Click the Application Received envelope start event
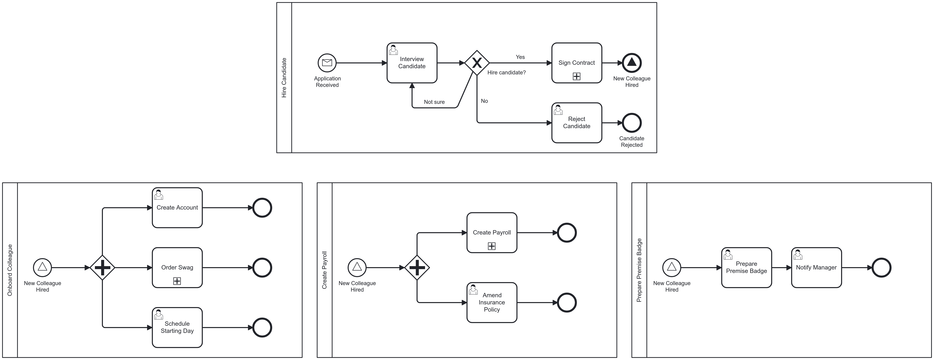click(x=327, y=63)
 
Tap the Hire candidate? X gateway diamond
click(x=477, y=63)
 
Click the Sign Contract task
click(x=577, y=62)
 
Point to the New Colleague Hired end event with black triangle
click(x=632, y=63)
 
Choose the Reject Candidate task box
click(x=577, y=123)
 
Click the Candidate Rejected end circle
click(x=632, y=123)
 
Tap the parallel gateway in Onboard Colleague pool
click(x=103, y=268)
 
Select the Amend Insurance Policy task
click(x=492, y=302)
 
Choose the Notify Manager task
click(x=816, y=268)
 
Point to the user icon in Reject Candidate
click(x=558, y=110)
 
